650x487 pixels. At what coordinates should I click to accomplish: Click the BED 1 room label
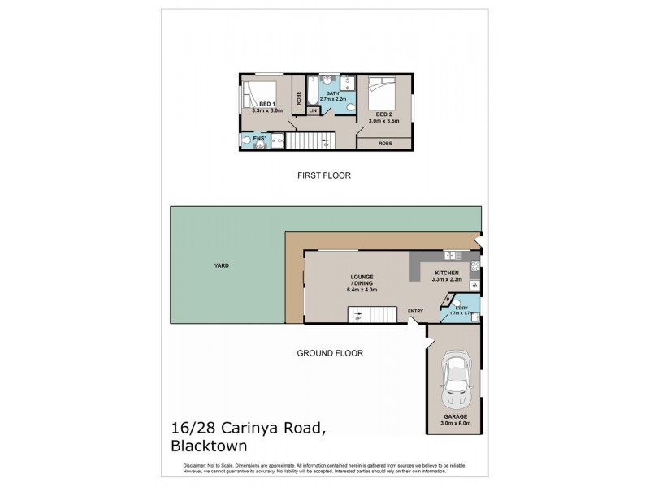point(266,105)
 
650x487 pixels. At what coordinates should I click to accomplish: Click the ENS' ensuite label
point(260,139)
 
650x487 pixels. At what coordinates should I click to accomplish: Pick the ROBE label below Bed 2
point(385,143)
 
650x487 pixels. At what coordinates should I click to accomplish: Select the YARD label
point(220,265)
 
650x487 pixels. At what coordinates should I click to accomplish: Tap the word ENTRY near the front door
point(415,310)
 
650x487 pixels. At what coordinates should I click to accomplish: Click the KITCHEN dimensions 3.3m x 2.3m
point(448,279)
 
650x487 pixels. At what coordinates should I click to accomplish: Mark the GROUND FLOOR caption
point(329,353)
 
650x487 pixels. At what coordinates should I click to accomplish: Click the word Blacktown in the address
point(209,446)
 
